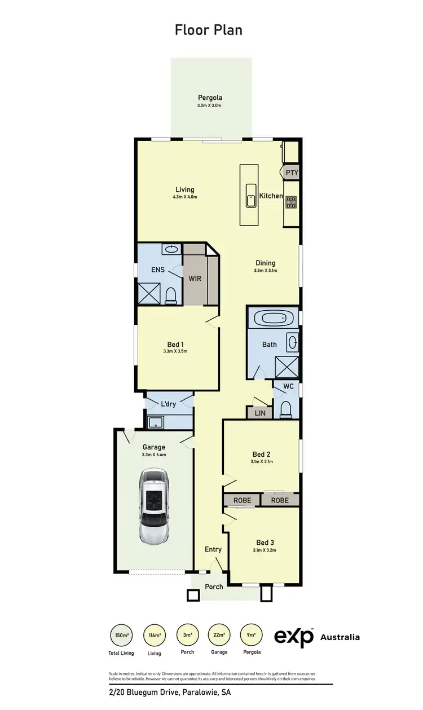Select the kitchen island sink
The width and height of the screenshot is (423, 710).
coord(250,199)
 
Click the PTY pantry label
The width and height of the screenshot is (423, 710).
coord(292,173)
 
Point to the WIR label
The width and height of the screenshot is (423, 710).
coord(195,279)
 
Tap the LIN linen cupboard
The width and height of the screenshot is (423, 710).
coord(259,413)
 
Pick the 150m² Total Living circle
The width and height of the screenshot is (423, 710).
coord(121,636)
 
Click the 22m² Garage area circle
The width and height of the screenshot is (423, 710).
coord(219,636)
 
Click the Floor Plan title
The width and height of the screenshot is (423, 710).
coord(209,29)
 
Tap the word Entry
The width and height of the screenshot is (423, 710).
coord(213,549)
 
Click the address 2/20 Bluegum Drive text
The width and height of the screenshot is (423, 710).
coord(170,693)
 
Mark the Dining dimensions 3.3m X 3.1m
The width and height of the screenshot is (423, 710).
coord(265,271)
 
